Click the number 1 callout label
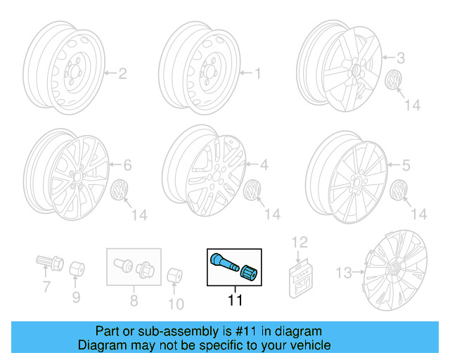[x=257, y=73]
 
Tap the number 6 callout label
[x=127, y=166]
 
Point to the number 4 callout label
[x=264, y=166]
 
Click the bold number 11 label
[x=235, y=301]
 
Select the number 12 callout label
[x=300, y=243]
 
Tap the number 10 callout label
[x=175, y=304]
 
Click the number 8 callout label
[x=133, y=304]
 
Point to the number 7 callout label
[x=46, y=287]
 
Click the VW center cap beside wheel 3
[x=393, y=81]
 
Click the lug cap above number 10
[x=175, y=275]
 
